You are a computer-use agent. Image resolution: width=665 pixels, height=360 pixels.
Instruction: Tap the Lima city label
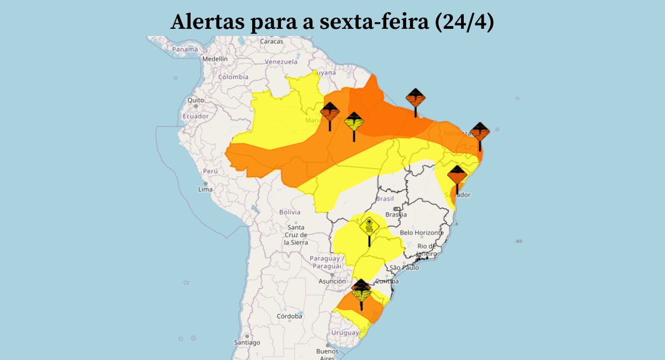[205, 189]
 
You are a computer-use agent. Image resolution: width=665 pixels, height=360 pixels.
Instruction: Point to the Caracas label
[272, 42]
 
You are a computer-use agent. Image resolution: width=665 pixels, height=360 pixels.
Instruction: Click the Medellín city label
[215, 59]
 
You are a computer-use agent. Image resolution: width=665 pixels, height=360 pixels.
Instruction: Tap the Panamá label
[185, 50]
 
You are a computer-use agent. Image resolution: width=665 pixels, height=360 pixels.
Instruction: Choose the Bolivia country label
[289, 212]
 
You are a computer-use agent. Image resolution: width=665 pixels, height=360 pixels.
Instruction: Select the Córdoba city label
[289, 316]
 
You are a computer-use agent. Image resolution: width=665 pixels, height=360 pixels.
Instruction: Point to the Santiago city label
[247, 342]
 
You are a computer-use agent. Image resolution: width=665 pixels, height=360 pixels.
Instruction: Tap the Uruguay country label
[345, 333]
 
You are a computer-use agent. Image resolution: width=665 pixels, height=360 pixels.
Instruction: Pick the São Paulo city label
[404, 268]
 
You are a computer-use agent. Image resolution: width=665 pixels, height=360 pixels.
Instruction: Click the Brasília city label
[396, 214]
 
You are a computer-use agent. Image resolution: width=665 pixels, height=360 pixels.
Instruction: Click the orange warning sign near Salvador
[457, 176]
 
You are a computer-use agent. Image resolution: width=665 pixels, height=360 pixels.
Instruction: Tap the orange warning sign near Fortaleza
[480, 132]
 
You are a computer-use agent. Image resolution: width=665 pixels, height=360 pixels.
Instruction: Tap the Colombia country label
[233, 77]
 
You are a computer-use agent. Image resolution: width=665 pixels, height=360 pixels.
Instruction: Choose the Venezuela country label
[281, 62]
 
